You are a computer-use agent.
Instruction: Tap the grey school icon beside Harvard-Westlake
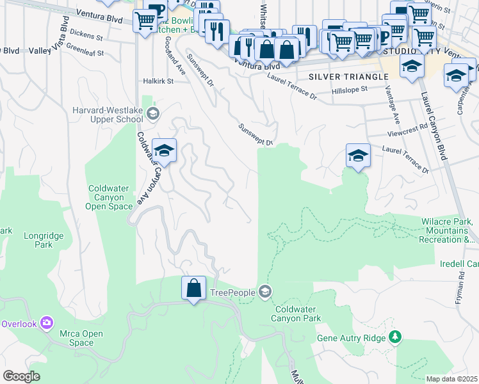(x=152, y=115)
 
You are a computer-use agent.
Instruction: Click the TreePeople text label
(x=233, y=293)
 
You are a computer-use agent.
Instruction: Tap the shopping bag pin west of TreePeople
(x=193, y=289)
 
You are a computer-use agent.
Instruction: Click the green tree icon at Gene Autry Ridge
(x=395, y=337)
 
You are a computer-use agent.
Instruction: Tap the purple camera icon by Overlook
(x=46, y=323)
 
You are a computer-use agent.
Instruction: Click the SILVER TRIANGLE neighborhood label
(x=348, y=77)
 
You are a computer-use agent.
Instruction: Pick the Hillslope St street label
(x=350, y=91)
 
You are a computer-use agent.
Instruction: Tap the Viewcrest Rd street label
(x=407, y=135)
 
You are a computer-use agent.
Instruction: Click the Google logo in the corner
(x=20, y=376)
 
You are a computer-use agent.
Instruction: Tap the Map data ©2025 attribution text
(x=451, y=379)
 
